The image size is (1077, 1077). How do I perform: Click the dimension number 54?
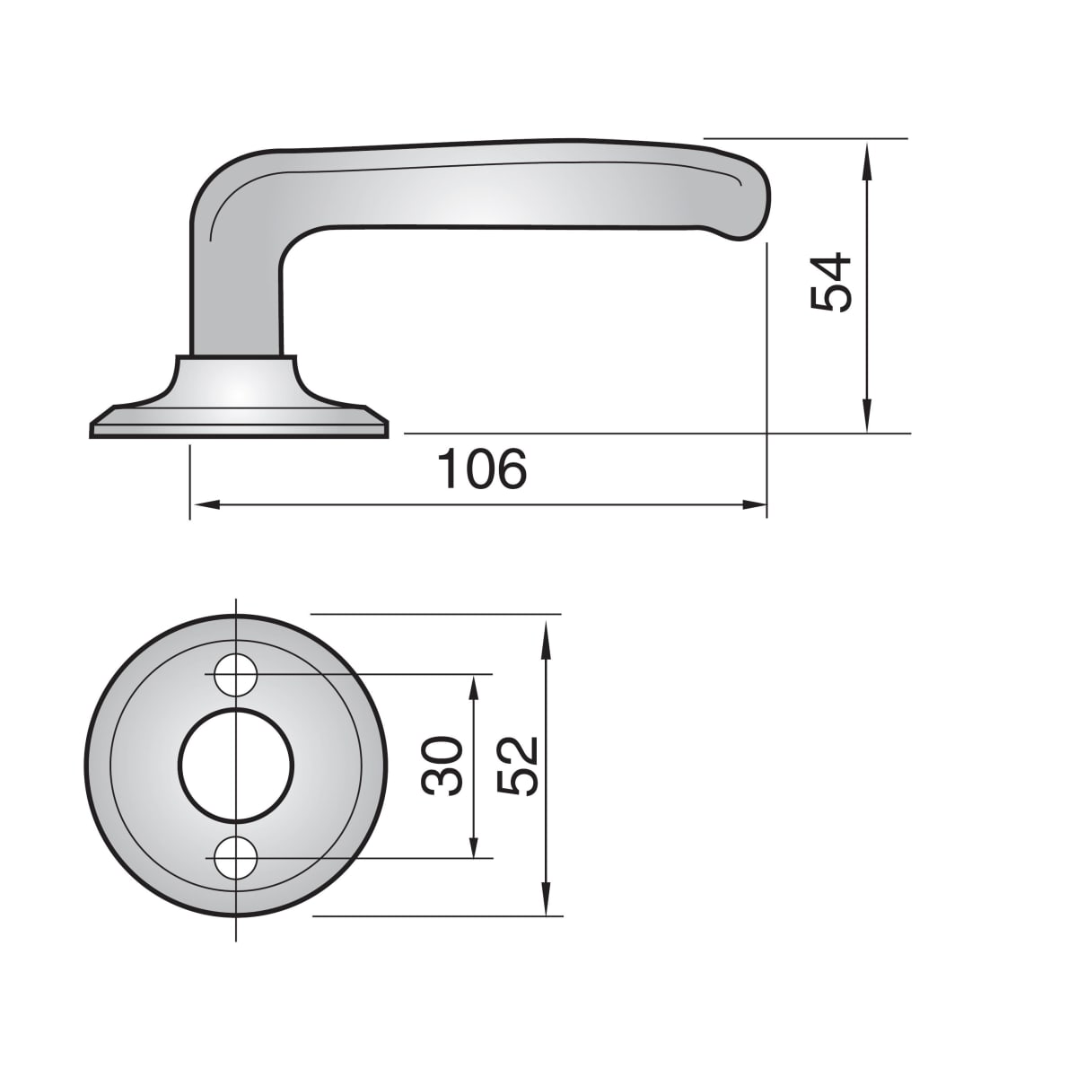point(830,282)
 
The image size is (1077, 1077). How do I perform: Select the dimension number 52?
point(517,766)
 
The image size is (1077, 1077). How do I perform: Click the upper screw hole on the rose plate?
point(236,675)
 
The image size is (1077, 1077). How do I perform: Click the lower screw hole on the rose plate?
point(236,857)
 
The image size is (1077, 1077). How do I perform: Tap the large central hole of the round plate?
point(236,766)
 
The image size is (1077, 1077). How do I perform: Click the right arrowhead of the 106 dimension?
point(753,505)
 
